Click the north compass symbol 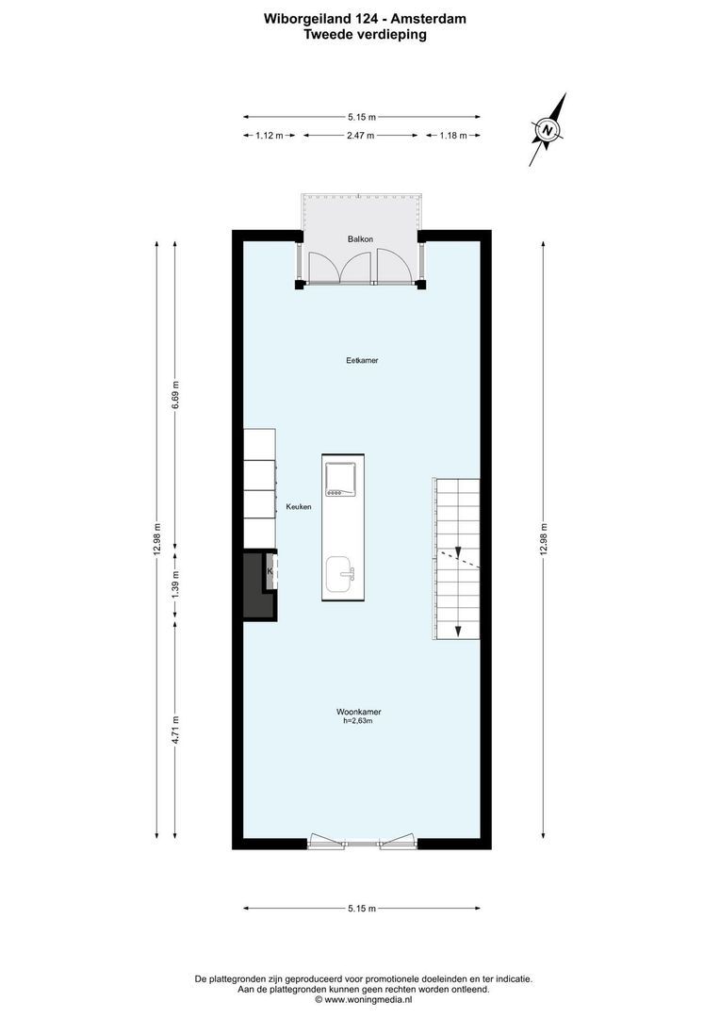click(x=548, y=129)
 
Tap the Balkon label click(x=360, y=239)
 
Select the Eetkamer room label click(x=362, y=360)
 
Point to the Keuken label click(x=299, y=507)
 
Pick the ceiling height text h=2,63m click(x=358, y=722)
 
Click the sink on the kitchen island click(x=339, y=573)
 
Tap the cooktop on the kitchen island click(x=339, y=480)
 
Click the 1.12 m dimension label click(x=270, y=136)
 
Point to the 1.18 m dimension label click(x=453, y=136)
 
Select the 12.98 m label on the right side click(x=544, y=540)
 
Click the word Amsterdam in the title click(x=427, y=18)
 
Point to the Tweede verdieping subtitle click(x=365, y=34)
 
